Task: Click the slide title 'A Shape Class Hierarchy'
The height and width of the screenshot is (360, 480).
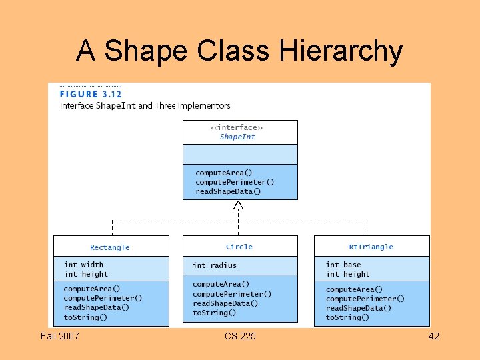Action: point(239,51)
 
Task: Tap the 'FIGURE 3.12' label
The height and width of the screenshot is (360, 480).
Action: point(91,94)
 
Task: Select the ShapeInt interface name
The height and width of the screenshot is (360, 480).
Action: point(237,137)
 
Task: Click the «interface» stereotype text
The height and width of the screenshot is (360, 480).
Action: point(237,127)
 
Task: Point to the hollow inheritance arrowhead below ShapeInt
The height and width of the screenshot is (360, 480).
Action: point(238,205)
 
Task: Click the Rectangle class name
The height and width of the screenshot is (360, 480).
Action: point(110,247)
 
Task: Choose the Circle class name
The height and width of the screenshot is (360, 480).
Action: point(239,247)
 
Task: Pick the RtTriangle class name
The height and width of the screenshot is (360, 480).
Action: point(371,247)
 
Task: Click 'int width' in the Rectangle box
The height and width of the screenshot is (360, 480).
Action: point(83,265)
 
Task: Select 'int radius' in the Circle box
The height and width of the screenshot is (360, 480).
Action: point(215,265)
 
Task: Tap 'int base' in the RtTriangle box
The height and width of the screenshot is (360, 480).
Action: point(343,265)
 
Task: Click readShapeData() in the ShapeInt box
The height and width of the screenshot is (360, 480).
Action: point(228,191)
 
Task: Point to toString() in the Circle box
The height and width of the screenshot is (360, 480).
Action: point(215,313)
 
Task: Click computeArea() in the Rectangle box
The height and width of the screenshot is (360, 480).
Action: point(92,289)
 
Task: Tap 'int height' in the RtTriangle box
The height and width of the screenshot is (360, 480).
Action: point(348,274)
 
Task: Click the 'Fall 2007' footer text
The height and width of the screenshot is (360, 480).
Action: point(59,336)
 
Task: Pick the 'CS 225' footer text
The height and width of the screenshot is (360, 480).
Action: point(239,336)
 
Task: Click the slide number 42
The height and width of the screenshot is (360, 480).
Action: point(433,336)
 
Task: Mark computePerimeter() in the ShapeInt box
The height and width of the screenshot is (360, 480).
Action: point(235,182)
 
